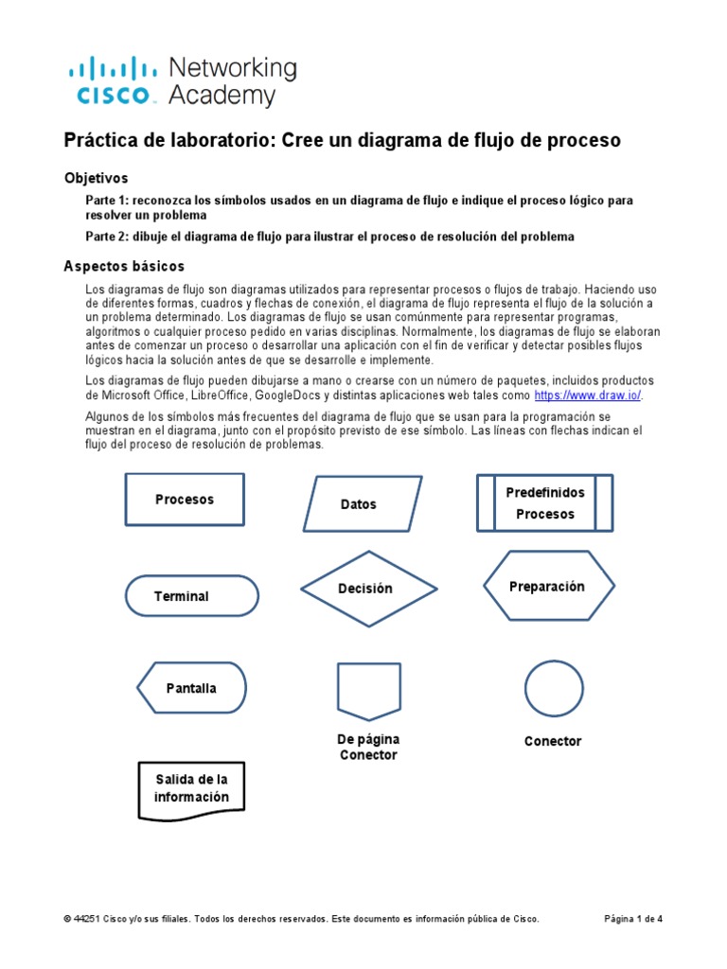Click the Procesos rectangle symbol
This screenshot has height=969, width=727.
pyautogui.click(x=185, y=499)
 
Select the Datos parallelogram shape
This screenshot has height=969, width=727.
pyautogui.click(x=362, y=503)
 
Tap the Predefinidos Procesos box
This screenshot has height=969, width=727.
pyautogui.click(x=544, y=502)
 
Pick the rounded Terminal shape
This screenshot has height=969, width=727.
pyautogui.click(x=192, y=596)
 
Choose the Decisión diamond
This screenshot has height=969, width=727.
pyautogui.click(x=369, y=589)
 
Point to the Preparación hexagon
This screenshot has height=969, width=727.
pyautogui.click(x=549, y=587)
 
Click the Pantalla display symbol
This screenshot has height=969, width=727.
pyautogui.click(x=192, y=688)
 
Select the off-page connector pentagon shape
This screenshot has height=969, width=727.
pyautogui.click(x=367, y=690)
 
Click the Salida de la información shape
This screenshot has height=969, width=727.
pyautogui.click(x=192, y=788)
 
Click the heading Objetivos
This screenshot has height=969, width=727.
pyautogui.click(x=96, y=178)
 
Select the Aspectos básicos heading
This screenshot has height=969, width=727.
pyautogui.click(x=124, y=266)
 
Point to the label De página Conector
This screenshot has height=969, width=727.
pyautogui.click(x=368, y=747)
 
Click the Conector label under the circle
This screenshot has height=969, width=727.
pyautogui.click(x=553, y=741)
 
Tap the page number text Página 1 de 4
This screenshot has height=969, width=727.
pyautogui.click(x=633, y=919)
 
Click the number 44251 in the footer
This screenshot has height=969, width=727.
pyautogui.click(x=86, y=919)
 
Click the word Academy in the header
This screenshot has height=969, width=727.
pyautogui.click(x=222, y=96)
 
